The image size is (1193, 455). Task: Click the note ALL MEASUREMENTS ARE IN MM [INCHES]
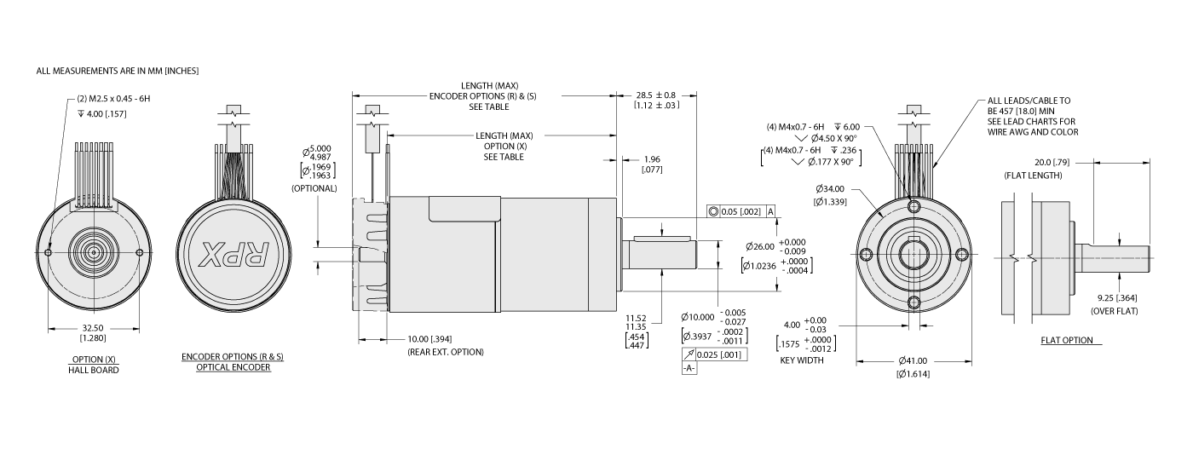point(118,71)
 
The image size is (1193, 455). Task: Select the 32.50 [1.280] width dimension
point(93,333)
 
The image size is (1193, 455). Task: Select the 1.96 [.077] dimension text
point(653,164)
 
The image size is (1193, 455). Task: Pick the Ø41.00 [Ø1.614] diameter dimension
point(913,366)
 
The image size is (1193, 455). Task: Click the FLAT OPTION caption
point(1066,341)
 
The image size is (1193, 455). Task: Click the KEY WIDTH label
point(804,360)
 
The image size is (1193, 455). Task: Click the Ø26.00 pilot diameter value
point(760,246)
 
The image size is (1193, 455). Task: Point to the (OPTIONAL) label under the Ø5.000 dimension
point(314,187)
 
